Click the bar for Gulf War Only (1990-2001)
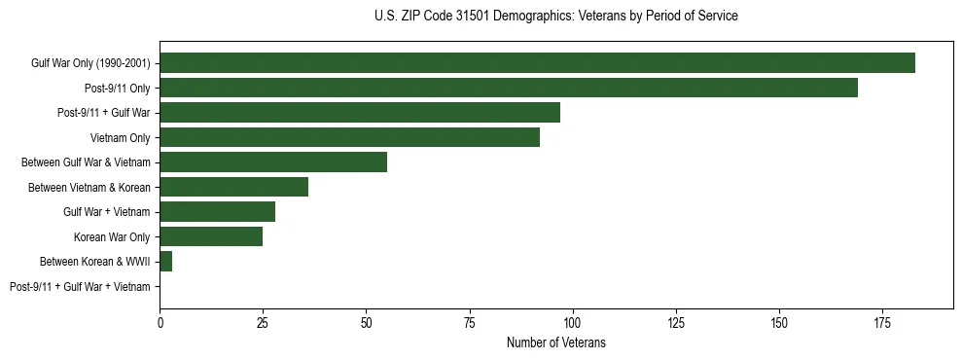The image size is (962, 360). click(x=537, y=63)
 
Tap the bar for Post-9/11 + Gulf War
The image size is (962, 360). click(x=360, y=113)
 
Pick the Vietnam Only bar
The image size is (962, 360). click(x=349, y=137)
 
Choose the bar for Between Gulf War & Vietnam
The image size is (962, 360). click(x=273, y=162)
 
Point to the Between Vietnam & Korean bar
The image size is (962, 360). click(x=233, y=187)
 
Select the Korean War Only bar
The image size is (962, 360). click(x=211, y=236)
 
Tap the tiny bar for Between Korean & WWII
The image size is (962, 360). click(x=165, y=262)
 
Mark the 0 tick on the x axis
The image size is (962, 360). click(x=160, y=320)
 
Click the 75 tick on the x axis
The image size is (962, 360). click(x=469, y=320)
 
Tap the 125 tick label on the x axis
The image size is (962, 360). click(x=675, y=320)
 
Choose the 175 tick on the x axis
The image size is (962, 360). click(x=882, y=320)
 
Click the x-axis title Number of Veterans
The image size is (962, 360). click(x=555, y=342)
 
